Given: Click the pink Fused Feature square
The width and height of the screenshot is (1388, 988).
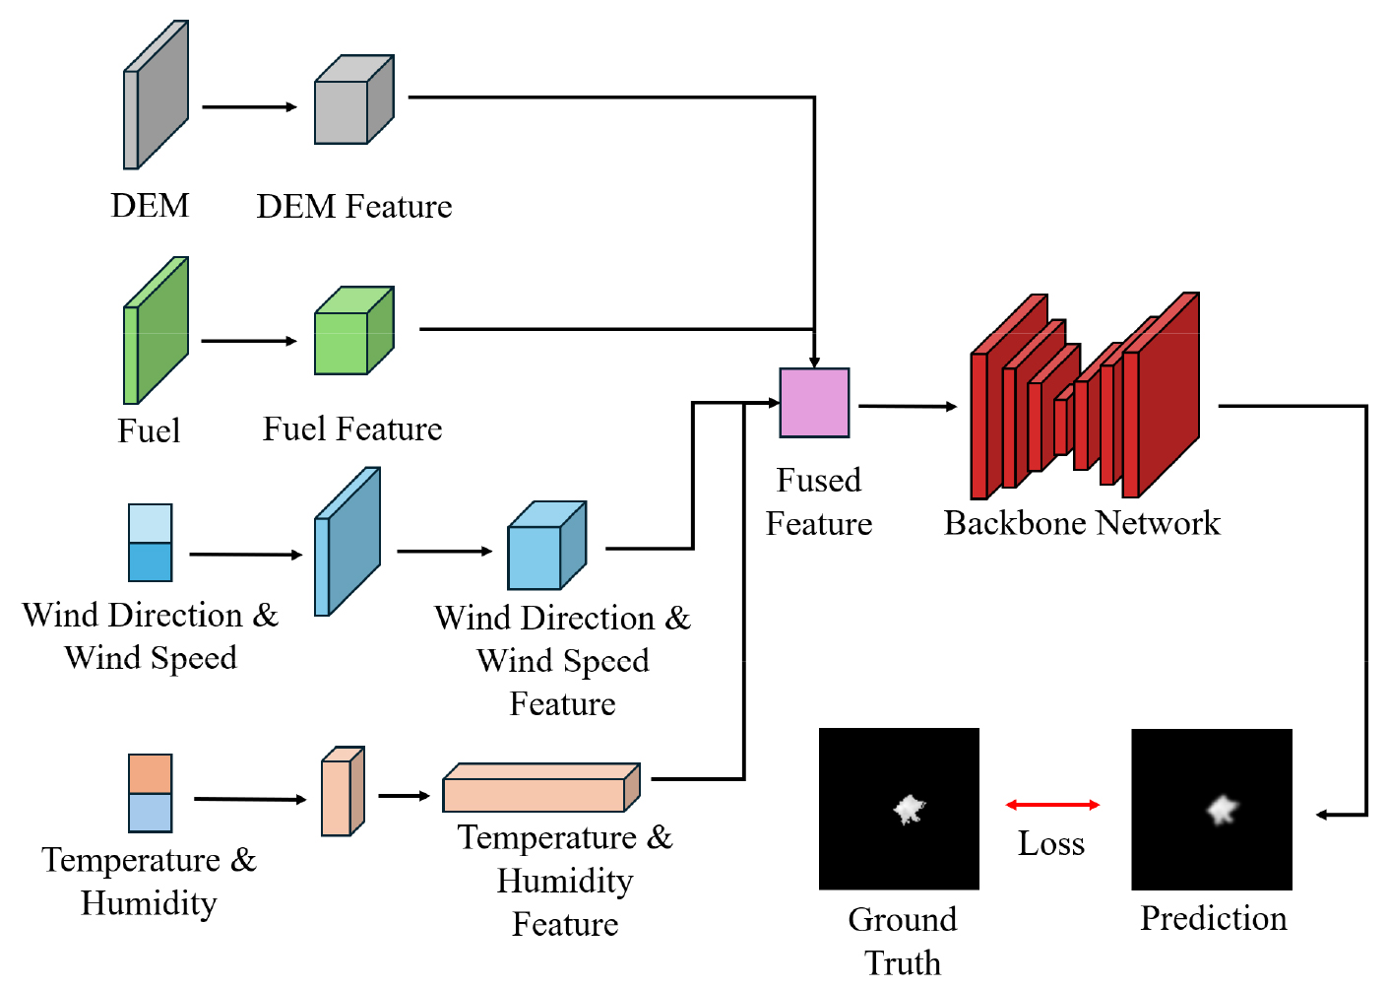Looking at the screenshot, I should tap(814, 403).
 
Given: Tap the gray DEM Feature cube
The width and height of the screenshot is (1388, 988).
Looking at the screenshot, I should tap(353, 100).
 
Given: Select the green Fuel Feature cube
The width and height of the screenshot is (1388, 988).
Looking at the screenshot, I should tap(353, 331).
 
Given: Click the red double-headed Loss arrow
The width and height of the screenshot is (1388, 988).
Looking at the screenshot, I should tap(1052, 805).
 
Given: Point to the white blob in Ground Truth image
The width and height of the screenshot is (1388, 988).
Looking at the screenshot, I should tap(909, 810).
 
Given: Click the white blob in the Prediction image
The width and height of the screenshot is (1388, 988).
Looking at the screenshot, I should tap(1223, 810).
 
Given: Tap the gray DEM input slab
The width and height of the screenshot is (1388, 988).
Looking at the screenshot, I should tap(156, 96).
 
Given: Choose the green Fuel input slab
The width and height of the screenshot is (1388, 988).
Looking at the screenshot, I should tap(156, 331).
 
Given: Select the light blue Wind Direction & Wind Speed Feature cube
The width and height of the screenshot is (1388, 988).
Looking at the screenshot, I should tap(546, 546).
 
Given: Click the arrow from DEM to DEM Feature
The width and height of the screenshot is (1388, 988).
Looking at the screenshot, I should tap(249, 106).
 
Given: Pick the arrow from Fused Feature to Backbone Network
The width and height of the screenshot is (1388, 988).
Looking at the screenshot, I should tap(907, 406).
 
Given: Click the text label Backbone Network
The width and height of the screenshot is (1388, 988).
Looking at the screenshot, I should tap(1082, 523).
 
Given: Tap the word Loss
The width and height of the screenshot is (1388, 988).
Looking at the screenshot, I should tap(1051, 844).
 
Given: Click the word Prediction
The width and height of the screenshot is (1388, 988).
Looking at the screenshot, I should tap(1213, 918).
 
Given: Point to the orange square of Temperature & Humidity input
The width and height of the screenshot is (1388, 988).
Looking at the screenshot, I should tap(151, 774).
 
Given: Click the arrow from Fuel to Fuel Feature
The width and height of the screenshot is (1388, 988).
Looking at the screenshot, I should tap(249, 341).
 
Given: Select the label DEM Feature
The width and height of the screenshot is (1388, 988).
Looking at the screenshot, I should tap(354, 207).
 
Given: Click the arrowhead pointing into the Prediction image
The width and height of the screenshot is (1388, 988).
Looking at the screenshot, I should tap(1322, 815).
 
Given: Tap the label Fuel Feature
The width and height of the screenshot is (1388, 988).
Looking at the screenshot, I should tap(352, 429).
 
